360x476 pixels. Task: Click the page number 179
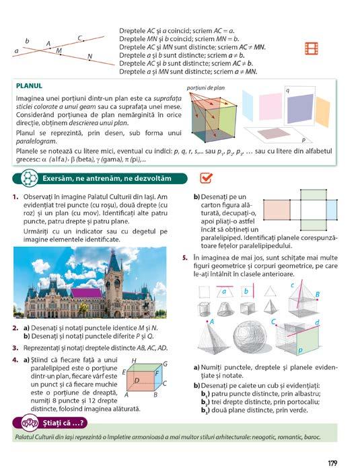click(332, 463)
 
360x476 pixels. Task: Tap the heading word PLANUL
click(29, 86)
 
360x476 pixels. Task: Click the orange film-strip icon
click(312, 48)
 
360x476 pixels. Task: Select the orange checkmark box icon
click(206, 178)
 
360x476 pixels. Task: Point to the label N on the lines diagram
click(89, 56)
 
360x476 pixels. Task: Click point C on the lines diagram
click(83, 40)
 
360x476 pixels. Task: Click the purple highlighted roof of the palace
click(87, 293)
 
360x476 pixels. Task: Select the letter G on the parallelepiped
click(166, 364)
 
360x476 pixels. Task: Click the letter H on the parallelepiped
click(134, 361)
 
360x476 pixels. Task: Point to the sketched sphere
click(250, 336)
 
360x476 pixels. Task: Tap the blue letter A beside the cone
click(212, 321)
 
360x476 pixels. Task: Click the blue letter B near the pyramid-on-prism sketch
click(318, 294)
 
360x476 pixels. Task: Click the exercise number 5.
click(185, 258)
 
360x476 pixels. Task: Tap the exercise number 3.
click(15, 348)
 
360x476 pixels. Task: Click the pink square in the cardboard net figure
click(277, 210)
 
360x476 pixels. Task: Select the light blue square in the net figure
click(332, 210)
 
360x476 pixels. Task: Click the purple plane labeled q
click(300, 108)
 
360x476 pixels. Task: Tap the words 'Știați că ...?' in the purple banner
click(63, 423)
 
